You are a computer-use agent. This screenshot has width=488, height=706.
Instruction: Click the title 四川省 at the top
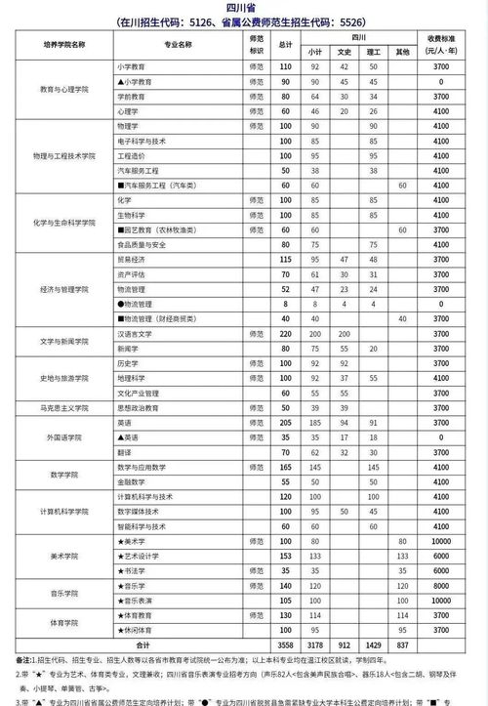tap(245, 7)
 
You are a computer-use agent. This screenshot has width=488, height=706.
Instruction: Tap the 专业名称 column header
tap(173, 43)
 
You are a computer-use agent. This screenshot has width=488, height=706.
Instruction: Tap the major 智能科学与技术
tap(145, 527)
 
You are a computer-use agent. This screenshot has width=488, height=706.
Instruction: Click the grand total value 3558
tap(286, 645)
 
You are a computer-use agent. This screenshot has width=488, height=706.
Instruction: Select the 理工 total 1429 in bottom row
tap(372, 645)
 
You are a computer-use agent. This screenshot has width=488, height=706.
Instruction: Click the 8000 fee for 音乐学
tap(442, 586)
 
